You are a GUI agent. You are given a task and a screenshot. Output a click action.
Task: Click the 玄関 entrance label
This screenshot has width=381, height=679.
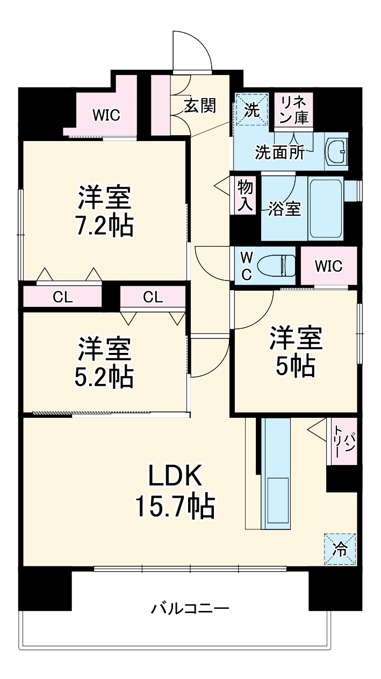click(x=200, y=106)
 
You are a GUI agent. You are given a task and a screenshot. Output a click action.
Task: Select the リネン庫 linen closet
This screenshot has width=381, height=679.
click(x=294, y=109)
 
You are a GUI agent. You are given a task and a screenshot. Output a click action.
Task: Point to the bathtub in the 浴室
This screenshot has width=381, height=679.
click(x=326, y=209)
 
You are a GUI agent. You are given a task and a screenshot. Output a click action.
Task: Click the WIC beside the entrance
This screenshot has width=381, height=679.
click(x=106, y=115)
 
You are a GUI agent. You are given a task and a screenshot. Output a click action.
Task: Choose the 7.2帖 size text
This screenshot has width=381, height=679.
click(x=104, y=227)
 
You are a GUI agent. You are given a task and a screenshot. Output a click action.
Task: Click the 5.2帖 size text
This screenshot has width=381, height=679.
click(x=104, y=378)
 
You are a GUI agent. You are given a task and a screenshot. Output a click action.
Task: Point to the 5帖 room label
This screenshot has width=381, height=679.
click(x=296, y=366)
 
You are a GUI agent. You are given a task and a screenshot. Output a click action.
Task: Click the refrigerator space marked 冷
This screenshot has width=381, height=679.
click(x=340, y=549)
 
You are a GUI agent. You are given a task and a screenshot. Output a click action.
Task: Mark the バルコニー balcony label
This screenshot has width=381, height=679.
click(x=190, y=609)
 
